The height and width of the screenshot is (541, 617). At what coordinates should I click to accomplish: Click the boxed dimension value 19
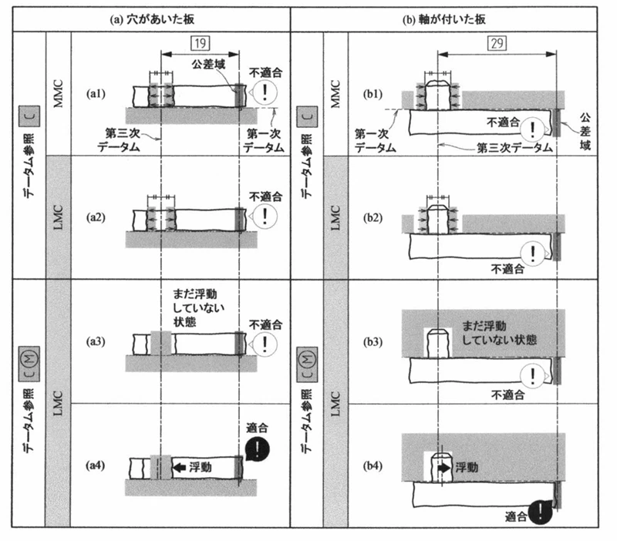(201, 43)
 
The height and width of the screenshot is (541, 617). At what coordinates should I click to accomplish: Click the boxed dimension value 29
(497, 43)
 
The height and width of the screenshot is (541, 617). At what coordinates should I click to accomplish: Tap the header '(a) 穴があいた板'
(152, 19)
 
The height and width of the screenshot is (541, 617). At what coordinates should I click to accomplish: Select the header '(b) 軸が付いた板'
(444, 19)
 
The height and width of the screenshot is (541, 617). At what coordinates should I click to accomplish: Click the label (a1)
(96, 93)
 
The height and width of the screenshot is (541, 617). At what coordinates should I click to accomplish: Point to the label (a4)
(96, 465)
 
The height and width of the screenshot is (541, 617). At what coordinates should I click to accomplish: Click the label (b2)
(373, 218)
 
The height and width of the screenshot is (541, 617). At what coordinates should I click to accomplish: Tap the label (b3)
(373, 341)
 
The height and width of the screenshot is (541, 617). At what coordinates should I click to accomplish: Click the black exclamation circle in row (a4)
(258, 449)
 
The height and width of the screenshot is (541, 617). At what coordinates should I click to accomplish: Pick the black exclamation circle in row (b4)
(541, 512)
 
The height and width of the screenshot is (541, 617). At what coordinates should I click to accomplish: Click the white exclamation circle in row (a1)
(265, 92)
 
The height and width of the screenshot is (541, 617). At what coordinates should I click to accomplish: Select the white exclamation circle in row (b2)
(533, 254)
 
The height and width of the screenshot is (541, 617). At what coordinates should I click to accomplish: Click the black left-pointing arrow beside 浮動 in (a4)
(180, 468)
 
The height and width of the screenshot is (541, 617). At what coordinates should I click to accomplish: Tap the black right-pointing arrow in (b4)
(444, 468)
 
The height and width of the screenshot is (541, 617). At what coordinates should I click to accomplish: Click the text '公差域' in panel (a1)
(208, 65)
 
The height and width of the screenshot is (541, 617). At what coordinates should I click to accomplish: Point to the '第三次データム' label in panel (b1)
(514, 148)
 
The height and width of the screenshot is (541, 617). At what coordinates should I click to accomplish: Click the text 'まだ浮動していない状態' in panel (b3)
(499, 333)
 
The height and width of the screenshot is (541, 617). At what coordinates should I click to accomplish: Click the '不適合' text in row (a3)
(265, 324)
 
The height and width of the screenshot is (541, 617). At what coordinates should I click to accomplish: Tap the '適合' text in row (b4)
(515, 516)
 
